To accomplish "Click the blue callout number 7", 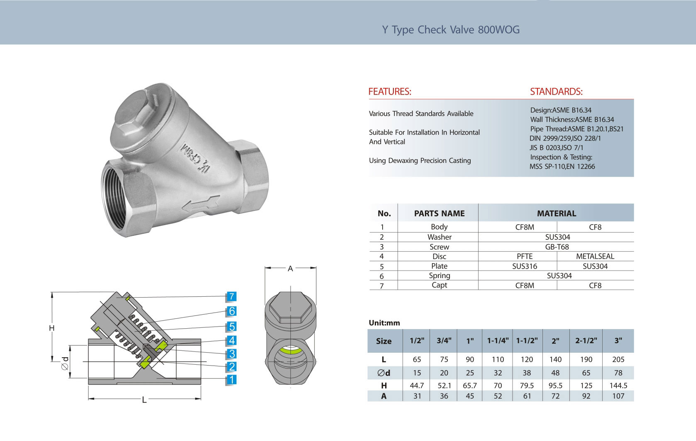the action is pyautogui.click(x=231, y=297).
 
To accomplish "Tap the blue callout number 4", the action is pyautogui.click(x=231, y=340).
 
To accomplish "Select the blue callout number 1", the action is pyautogui.click(x=231, y=380).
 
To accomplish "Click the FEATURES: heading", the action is pyautogui.click(x=390, y=92).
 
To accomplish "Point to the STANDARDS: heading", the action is pyautogui.click(x=556, y=92).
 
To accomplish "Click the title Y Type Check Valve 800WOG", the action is pyautogui.click(x=451, y=30).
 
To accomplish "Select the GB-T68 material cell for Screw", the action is pyautogui.click(x=557, y=247).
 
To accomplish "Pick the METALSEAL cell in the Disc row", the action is pyautogui.click(x=595, y=256).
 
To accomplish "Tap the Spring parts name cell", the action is pyautogui.click(x=440, y=276).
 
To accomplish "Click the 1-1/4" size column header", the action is pyautogui.click(x=498, y=341).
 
